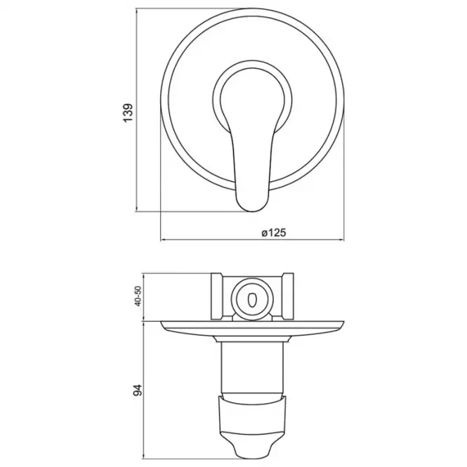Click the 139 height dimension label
point(128,112)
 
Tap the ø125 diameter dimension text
point(274,232)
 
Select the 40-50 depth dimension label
point(138,296)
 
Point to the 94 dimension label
point(138,390)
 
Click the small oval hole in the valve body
point(252,299)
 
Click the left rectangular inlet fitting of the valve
point(217,296)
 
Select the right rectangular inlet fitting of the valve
point(288,296)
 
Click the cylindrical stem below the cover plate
point(252,369)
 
